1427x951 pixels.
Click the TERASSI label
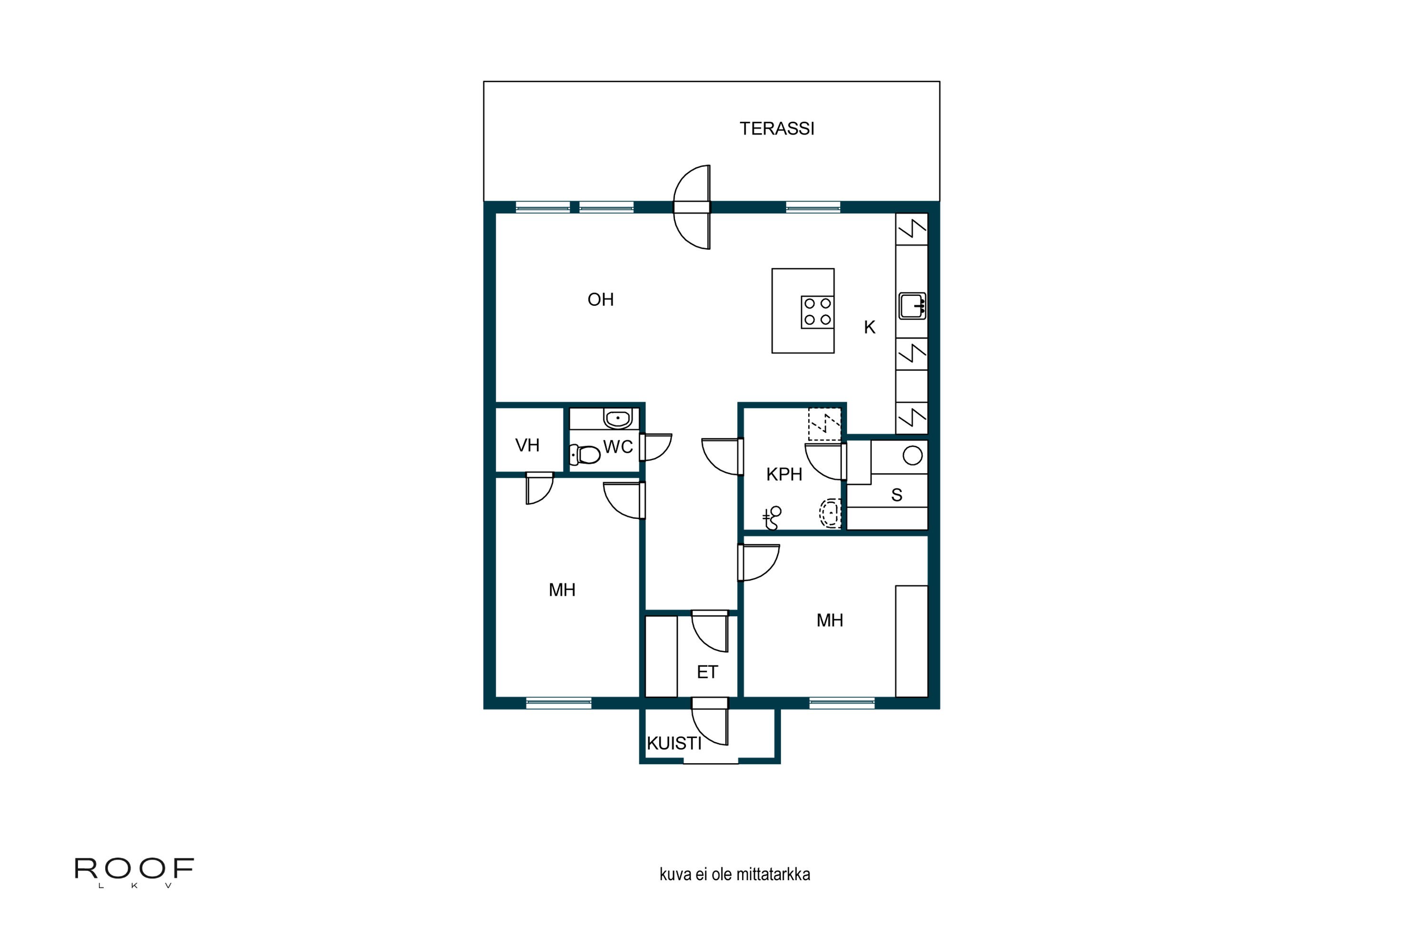pyautogui.click(x=777, y=128)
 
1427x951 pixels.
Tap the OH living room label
pyautogui.click(x=601, y=300)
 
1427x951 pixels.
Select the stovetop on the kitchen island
pyautogui.click(x=817, y=312)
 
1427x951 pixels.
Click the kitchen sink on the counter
pyautogui.click(x=912, y=306)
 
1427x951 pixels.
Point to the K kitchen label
pyautogui.click(x=870, y=328)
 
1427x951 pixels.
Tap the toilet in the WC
pyautogui.click(x=585, y=454)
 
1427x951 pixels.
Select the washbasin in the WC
pyautogui.click(x=617, y=418)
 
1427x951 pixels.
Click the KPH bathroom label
pyautogui.click(x=784, y=474)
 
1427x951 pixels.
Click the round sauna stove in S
pyautogui.click(x=912, y=456)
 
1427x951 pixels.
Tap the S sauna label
pyautogui.click(x=897, y=495)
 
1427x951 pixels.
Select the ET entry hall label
pyautogui.click(x=707, y=672)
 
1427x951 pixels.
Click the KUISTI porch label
pyautogui.click(x=674, y=744)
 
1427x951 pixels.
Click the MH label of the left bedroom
pyautogui.click(x=562, y=590)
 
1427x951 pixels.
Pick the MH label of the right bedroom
pyautogui.click(x=830, y=621)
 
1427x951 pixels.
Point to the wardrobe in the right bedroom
pyautogui.click(x=911, y=641)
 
